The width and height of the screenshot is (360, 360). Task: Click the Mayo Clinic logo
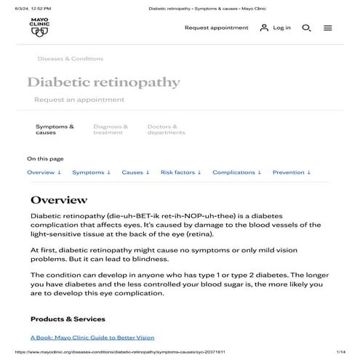39,27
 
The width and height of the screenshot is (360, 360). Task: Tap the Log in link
275,28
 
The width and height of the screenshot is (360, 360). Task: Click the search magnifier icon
306,28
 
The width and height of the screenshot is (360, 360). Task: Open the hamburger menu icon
328,28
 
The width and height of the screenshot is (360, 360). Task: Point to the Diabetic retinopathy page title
103,83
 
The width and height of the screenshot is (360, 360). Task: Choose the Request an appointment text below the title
79,100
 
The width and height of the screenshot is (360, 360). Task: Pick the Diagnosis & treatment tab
111,129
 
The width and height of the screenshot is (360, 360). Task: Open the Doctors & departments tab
166,129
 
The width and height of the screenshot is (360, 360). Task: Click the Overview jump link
44,172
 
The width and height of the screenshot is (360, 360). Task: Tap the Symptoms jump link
91,172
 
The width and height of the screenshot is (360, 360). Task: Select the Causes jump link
135,172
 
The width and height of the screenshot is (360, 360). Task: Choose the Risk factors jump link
180,172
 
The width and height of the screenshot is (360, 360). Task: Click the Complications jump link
236,172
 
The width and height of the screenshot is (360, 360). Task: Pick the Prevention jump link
291,172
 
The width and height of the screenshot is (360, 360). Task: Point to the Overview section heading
59,200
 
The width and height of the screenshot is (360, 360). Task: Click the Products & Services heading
68,319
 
